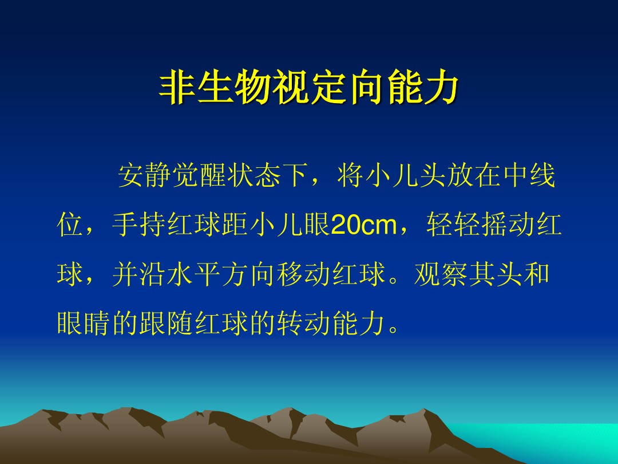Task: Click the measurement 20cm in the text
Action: pos(364,225)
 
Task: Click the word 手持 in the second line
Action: pos(139,225)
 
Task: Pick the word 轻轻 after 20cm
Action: pos(454,225)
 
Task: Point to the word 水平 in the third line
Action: pos(194,274)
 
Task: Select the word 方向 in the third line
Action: pos(249,274)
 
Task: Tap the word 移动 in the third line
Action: pos(303,274)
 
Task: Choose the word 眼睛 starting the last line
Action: pos(84,324)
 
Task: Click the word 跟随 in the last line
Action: pos(167,324)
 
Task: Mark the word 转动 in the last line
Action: pos(303,324)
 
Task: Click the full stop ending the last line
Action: pos(394,329)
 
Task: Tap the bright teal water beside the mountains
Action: pos(552,440)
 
